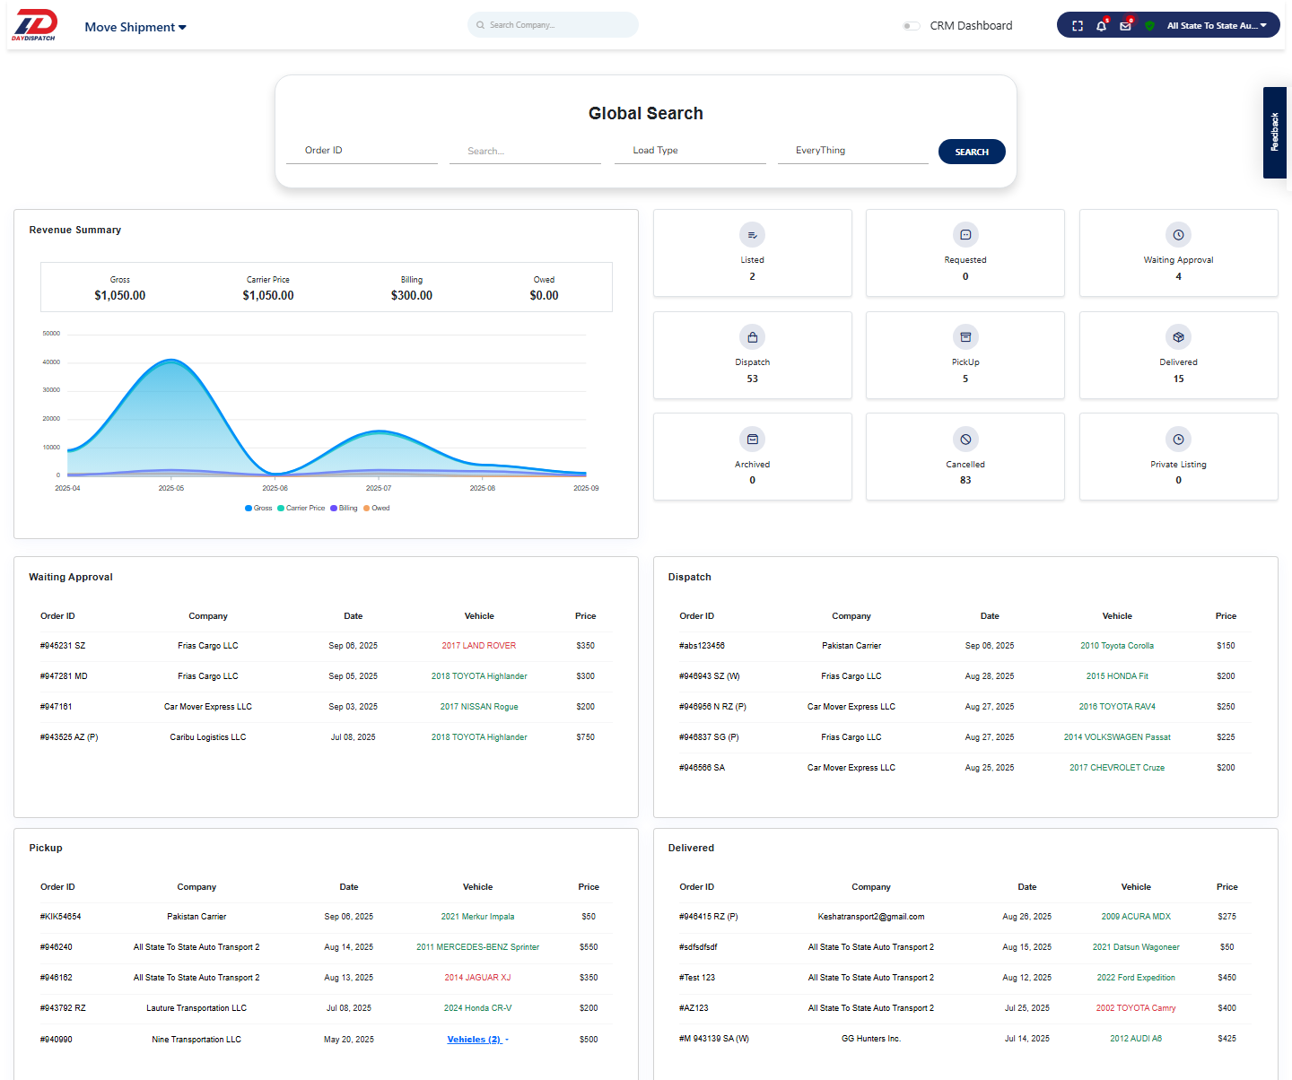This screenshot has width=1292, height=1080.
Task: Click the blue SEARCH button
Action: (x=972, y=152)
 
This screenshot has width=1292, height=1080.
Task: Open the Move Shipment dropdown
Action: (x=135, y=27)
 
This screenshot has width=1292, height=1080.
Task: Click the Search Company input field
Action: (x=553, y=25)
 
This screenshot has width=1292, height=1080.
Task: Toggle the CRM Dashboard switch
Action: (x=912, y=26)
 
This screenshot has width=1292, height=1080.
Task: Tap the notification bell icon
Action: (x=1101, y=26)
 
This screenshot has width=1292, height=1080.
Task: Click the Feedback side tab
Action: (x=1274, y=132)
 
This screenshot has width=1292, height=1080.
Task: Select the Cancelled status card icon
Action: (x=965, y=440)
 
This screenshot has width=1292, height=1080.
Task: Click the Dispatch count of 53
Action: (x=752, y=379)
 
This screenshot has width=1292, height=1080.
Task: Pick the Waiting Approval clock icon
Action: (x=1178, y=235)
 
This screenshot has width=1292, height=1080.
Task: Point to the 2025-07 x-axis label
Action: (x=379, y=488)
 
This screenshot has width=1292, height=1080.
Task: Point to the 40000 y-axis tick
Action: (x=51, y=362)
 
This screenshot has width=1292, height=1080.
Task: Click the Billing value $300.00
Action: (x=412, y=295)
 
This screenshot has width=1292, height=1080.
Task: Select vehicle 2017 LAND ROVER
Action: (x=479, y=646)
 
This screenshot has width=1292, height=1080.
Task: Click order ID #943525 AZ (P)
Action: (x=69, y=737)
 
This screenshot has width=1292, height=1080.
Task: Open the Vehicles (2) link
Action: (x=475, y=1040)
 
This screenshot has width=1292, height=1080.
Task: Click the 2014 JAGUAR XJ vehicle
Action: (x=477, y=978)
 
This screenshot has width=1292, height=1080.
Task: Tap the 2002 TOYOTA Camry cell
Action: (x=1136, y=1008)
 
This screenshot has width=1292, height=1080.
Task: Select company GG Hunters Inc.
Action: (x=870, y=1039)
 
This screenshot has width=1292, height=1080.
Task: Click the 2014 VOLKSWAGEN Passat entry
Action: (x=1117, y=737)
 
